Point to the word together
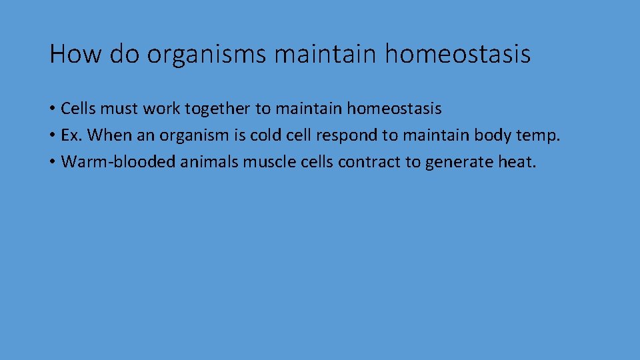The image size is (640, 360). [219, 108]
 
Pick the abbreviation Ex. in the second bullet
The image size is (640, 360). [71, 135]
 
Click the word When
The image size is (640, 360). [110, 135]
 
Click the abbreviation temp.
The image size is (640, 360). [539, 136]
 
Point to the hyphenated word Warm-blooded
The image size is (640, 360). [118, 163]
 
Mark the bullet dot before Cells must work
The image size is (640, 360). [52, 109]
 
